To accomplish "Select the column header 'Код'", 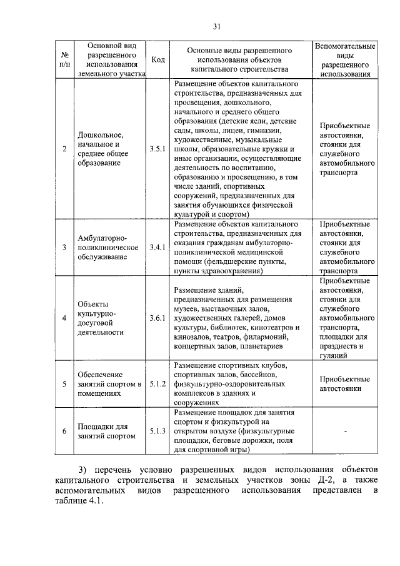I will tap(158, 59).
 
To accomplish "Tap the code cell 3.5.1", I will tap(158, 149).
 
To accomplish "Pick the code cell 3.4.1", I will tap(158, 248).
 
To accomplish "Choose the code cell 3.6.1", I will tap(158, 318).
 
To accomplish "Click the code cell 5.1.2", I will tap(158, 383).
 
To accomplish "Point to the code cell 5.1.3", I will tap(158, 431).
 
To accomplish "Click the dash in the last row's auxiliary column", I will tap(344, 431).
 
